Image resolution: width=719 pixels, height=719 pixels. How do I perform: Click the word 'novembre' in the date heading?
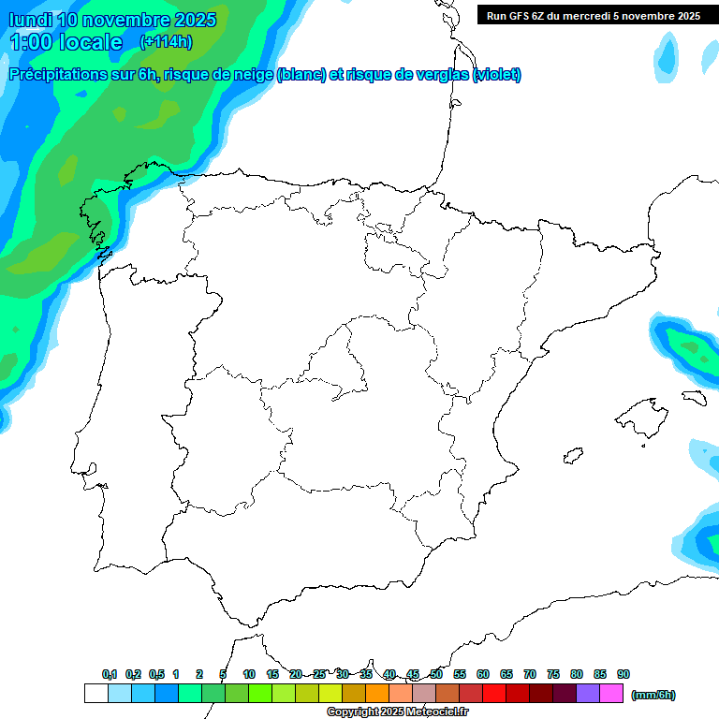click(127, 20)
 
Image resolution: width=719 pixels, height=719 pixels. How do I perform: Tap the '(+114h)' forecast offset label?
click(166, 41)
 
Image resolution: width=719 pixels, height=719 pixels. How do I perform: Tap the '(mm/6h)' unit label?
click(653, 695)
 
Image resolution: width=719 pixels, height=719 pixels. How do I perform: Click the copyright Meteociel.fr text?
click(397, 712)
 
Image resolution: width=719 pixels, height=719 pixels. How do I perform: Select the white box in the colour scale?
click(95, 694)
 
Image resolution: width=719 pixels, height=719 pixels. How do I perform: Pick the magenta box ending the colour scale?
click(611, 694)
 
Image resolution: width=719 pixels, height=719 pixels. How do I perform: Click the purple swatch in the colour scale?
click(588, 694)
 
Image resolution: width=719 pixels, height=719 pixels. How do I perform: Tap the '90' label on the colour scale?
click(624, 674)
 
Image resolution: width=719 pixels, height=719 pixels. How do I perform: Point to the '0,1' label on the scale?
click(110, 674)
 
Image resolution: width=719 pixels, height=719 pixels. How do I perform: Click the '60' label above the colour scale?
click(483, 674)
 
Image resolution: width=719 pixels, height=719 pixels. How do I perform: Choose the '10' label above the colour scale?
click(249, 674)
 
